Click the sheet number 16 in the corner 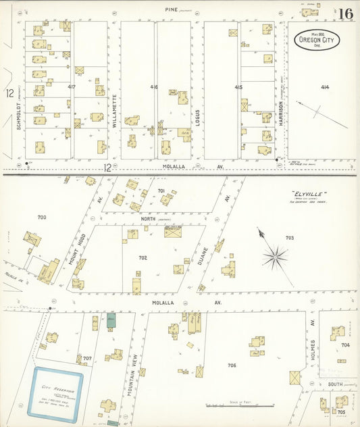pyautogui.click(x=345, y=14)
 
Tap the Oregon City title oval pyautogui.click(x=317, y=40)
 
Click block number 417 pyautogui.click(x=72, y=87)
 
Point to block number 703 pyautogui.click(x=290, y=238)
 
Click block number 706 pyautogui.click(x=232, y=365)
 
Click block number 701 pyautogui.click(x=161, y=191)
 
